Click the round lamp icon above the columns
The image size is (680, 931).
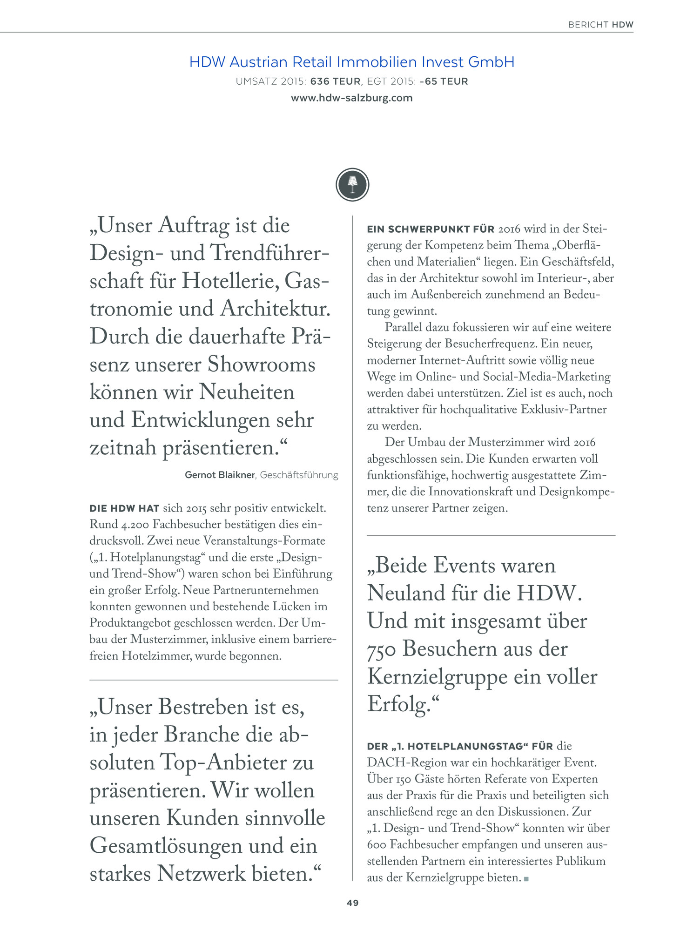(352, 185)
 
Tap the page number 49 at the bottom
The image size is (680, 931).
(352, 903)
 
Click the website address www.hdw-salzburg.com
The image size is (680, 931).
(351, 98)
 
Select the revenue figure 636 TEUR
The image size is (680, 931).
(335, 81)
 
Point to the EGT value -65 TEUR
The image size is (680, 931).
(444, 81)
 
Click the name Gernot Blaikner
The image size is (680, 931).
(220, 475)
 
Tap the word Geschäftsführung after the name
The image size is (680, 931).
(299, 475)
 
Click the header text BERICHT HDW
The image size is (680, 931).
(600, 25)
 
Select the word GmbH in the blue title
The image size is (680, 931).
(491, 62)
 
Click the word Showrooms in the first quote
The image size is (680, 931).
(262, 364)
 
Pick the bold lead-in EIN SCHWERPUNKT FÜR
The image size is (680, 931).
(431, 229)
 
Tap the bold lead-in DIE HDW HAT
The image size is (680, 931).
(124, 508)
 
